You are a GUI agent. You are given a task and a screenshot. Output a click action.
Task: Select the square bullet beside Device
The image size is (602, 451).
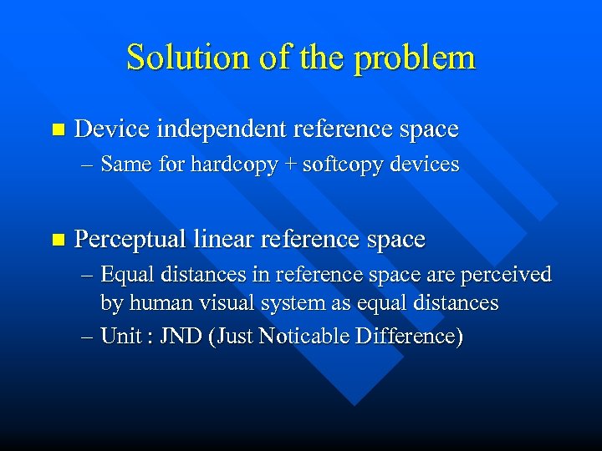point(57,129)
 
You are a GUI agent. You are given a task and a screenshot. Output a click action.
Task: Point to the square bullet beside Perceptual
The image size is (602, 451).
point(57,240)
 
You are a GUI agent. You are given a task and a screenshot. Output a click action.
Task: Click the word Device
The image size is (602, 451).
point(111,129)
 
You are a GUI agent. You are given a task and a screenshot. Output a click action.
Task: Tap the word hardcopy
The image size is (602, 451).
point(233,165)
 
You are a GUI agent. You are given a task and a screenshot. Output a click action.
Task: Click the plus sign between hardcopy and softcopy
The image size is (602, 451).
point(289,165)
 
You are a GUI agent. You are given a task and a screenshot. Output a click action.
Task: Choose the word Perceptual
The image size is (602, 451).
point(130,240)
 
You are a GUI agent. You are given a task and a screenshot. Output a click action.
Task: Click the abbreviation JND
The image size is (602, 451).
point(181,337)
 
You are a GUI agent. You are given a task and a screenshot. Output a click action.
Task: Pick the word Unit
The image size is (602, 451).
point(119,337)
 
